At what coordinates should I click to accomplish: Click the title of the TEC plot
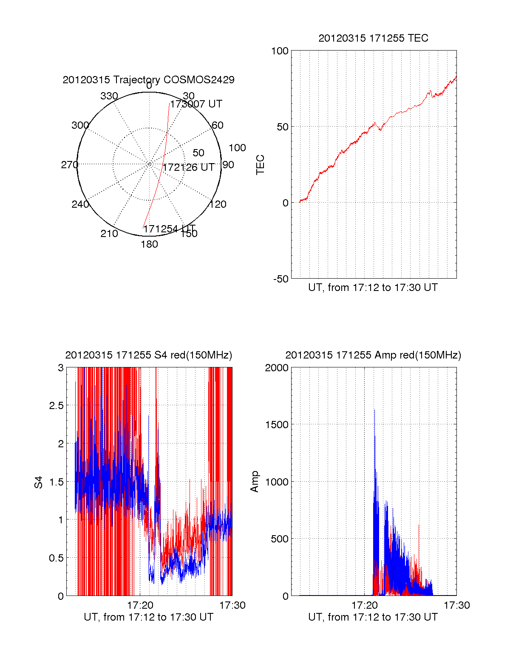(x=373, y=38)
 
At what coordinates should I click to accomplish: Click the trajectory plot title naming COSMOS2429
(x=148, y=80)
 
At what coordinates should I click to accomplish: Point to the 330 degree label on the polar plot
(x=109, y=96)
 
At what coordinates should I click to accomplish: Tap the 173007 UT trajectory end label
(x=196, y=104)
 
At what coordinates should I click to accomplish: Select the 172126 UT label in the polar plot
(x=189, y=167)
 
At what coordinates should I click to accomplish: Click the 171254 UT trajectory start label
(x=169, y=229)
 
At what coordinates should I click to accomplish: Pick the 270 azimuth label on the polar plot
(x=69, y=165)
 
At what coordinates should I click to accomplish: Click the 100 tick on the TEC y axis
(x=280, y=51)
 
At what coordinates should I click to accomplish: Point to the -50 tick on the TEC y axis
(x=280, y=279)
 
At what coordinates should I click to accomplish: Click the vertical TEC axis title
(x=260, y=165)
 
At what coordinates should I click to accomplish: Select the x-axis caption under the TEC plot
(x=373, y=288)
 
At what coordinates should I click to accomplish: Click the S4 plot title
(x=148, y=355)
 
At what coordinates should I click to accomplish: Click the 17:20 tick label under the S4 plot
(x=140, y=605)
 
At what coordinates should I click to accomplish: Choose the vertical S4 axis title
(x=39, y=482)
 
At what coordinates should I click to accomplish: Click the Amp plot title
(x=373, y=355)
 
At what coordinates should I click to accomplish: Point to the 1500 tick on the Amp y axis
(x=277, y=424)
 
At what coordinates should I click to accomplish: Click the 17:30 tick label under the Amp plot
(x=457, y=605)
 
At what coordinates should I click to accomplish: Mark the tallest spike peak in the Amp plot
(x=374, y=410)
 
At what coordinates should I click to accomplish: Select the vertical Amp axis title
(x=255, y=482)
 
